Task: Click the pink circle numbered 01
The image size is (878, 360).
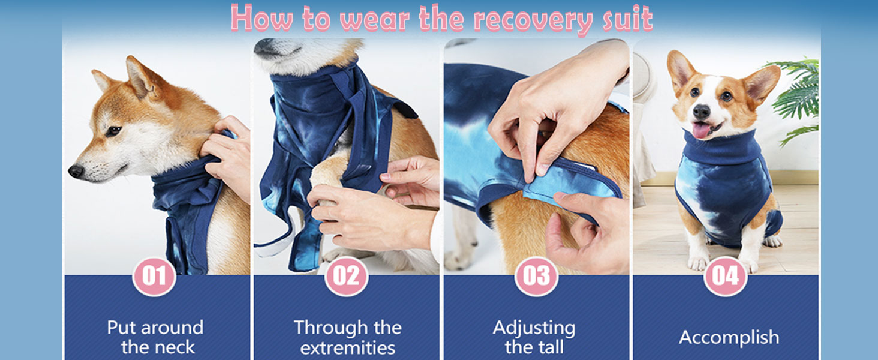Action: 154,277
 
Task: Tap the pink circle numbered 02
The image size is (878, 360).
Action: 346,277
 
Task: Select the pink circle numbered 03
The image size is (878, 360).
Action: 536,277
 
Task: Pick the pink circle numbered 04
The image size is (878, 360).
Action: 726,277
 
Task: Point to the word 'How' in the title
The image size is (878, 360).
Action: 261,18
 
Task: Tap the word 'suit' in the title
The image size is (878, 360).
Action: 627,18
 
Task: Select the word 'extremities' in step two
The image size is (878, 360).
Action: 348,348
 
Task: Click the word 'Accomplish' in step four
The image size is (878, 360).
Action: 729,338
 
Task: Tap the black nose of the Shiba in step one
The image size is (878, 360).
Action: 76,170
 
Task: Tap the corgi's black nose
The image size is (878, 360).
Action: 701,112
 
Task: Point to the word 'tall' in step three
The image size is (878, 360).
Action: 551,347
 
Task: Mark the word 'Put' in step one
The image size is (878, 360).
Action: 122,328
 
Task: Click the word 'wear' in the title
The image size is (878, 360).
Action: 375,20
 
